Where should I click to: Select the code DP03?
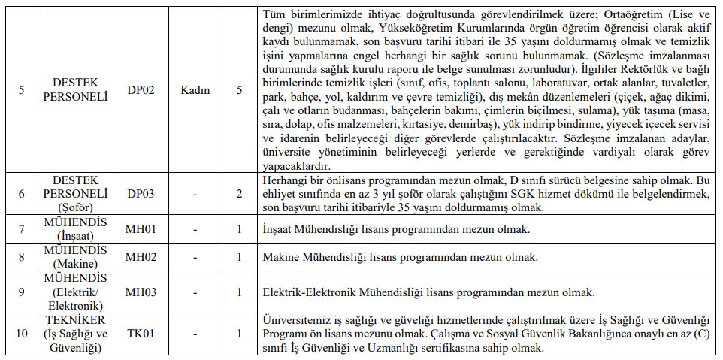click(x=141, y=194)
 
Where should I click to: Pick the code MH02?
click(x=141, y=257)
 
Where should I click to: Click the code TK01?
click(x=141, y=332)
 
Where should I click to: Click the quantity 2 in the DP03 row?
click(x=239, y=194)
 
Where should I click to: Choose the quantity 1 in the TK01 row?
click(x=239, y=332)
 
